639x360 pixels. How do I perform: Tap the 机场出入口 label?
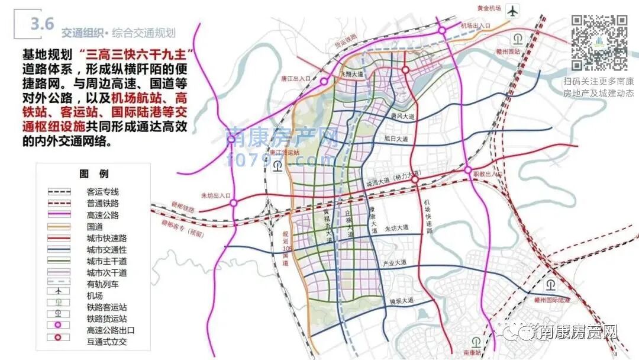[x=476, y=25]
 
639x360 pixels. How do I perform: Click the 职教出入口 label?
[x=486, y=174]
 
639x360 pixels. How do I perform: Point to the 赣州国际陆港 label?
[x=551, y=301]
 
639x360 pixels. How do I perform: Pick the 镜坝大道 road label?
[x=401, y=301]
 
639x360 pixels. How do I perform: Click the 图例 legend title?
[x=94, y=173]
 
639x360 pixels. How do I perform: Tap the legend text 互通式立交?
[x=106, y=342]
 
